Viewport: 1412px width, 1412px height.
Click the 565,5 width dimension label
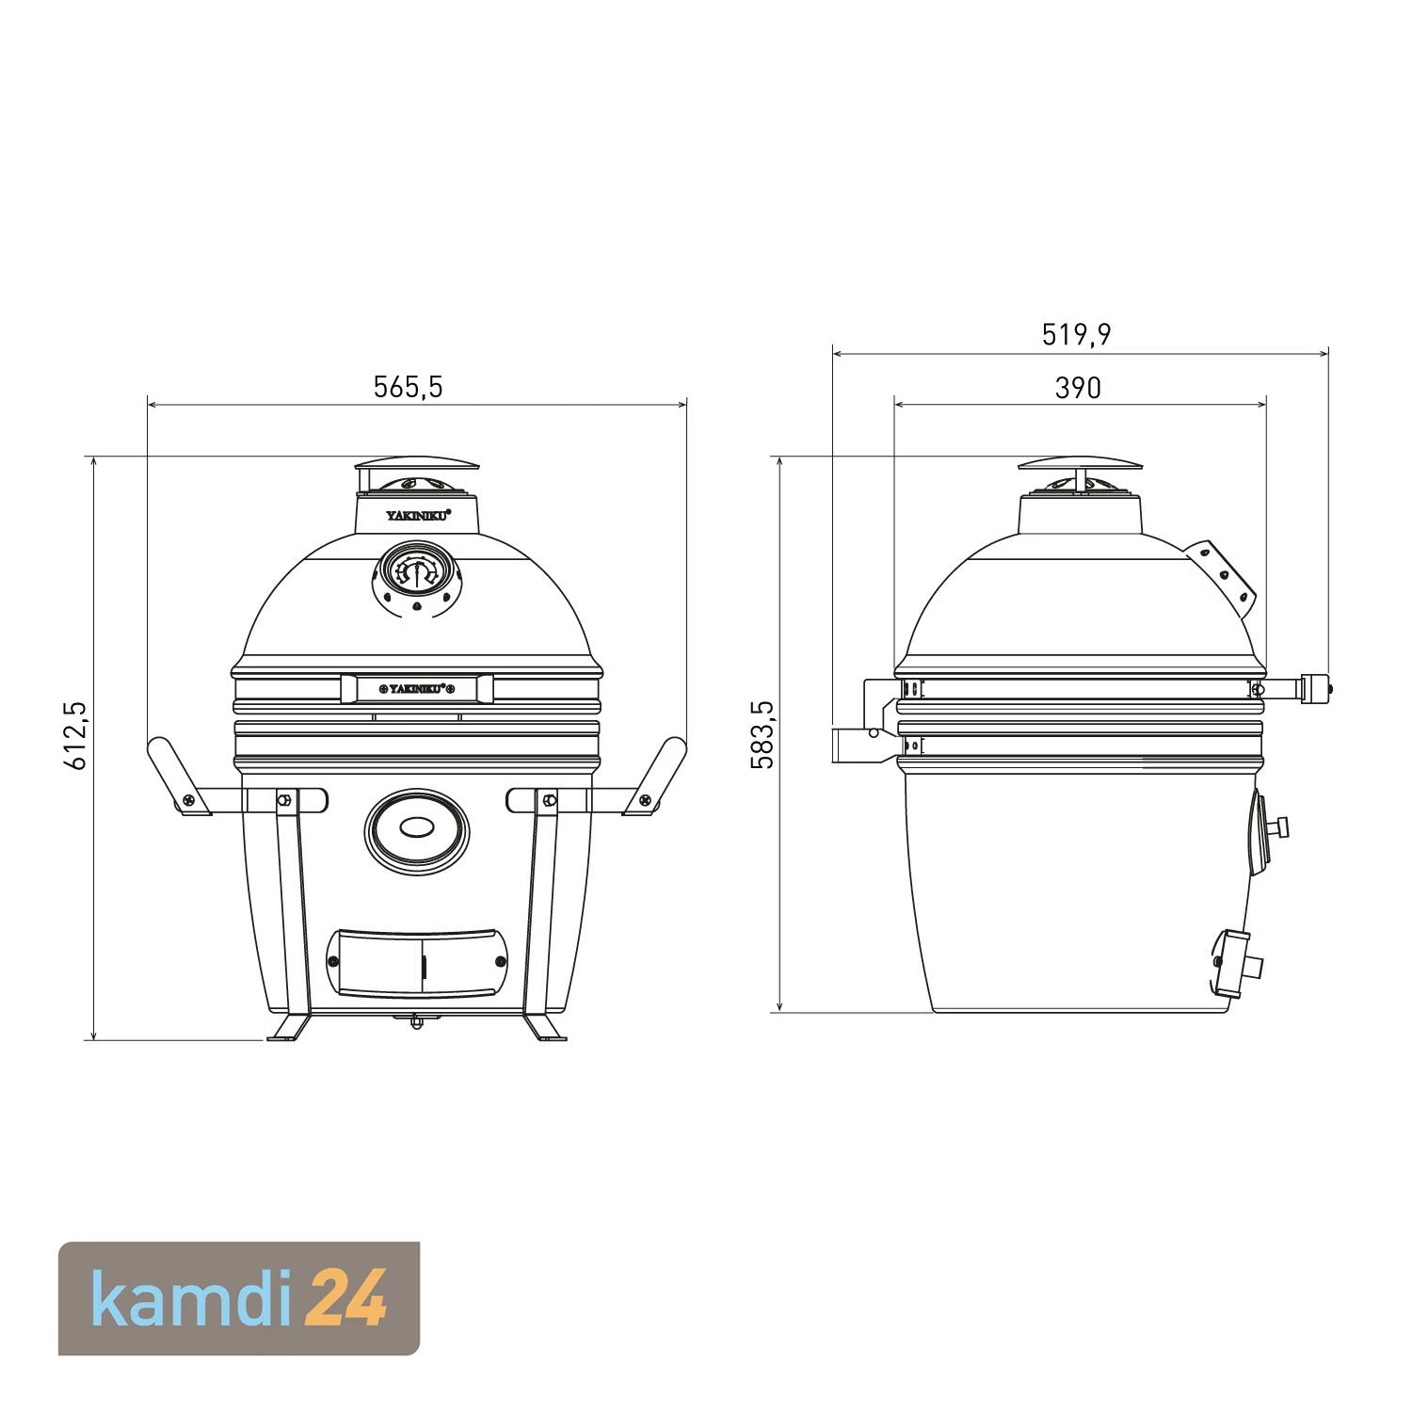coord(408,387)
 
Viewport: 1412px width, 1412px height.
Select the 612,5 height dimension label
coord(75,734)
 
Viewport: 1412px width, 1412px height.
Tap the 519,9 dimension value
coord(1076,334)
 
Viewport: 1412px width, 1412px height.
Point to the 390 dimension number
coord(1077,388)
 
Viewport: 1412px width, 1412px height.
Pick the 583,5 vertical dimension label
coord(762,734)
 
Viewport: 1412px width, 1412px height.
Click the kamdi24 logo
coord(239,1299)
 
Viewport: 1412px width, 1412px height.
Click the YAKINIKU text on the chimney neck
coord(417,514)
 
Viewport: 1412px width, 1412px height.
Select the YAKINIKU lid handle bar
coord(417,688)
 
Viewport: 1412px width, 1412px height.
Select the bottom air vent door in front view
coord(416,962)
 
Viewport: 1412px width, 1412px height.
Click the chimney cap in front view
coord(417,464)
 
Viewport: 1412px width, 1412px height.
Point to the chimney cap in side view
coord(1081,464)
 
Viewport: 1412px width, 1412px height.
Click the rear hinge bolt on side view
coord(1316,688)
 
